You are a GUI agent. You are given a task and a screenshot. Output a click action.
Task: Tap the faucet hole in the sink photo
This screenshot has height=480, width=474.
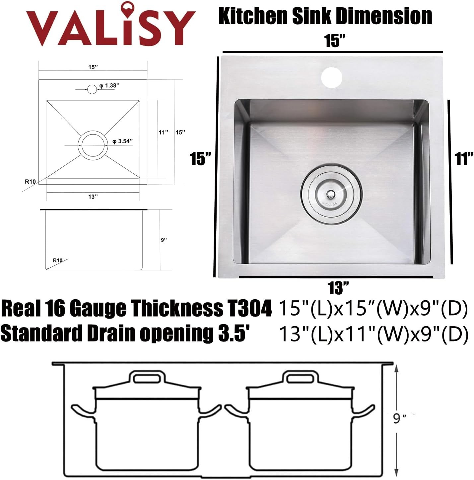(331, 77)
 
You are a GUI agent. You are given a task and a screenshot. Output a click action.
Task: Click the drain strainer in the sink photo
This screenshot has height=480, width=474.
(331, 193)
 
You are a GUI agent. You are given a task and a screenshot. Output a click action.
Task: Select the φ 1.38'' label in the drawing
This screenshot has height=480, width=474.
(109, 85)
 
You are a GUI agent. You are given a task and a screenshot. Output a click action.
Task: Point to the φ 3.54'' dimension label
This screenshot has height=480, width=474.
(123, 141)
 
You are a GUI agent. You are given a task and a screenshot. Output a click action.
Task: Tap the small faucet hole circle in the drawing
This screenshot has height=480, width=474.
(92, 89)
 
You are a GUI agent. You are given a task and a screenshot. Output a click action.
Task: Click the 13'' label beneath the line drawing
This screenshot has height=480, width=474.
(93, 197)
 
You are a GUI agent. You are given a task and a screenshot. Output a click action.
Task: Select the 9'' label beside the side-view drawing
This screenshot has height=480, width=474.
(164, 240)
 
